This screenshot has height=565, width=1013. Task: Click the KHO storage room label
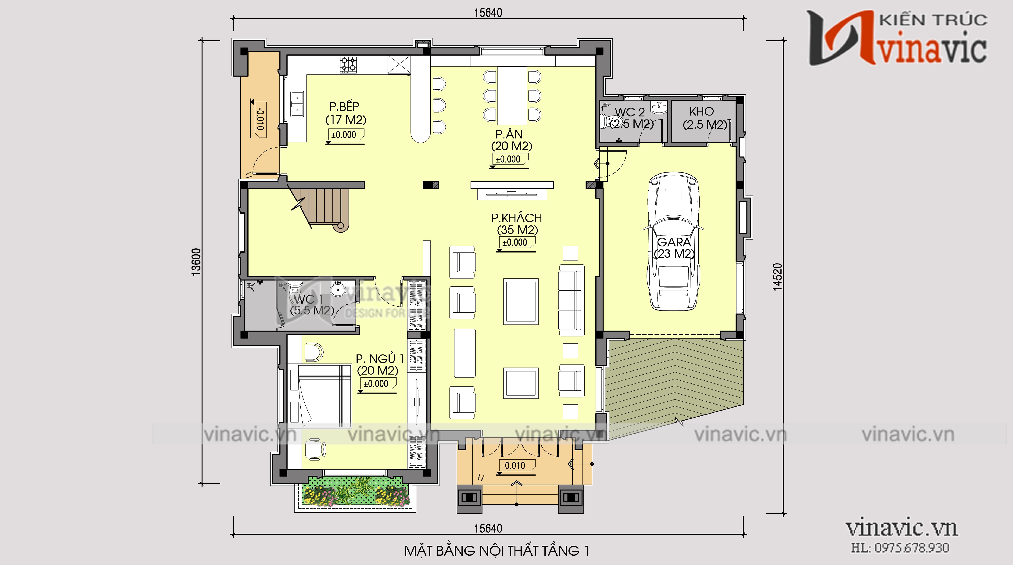click(x=702, y=112)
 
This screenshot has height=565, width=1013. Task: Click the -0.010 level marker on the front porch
click(x=514, y=466)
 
